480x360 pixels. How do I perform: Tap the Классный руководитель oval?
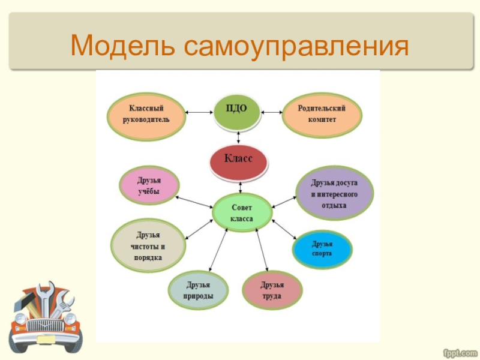[146, 114]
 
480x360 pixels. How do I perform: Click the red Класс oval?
[238, 160]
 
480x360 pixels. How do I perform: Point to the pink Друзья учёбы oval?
[148, 185]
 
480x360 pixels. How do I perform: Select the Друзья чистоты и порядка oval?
[148, 246]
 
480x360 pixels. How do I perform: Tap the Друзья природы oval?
[198, 289]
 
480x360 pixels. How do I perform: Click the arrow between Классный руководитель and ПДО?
[199, 112]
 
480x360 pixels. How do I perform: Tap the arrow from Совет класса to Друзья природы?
[218, 250]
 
